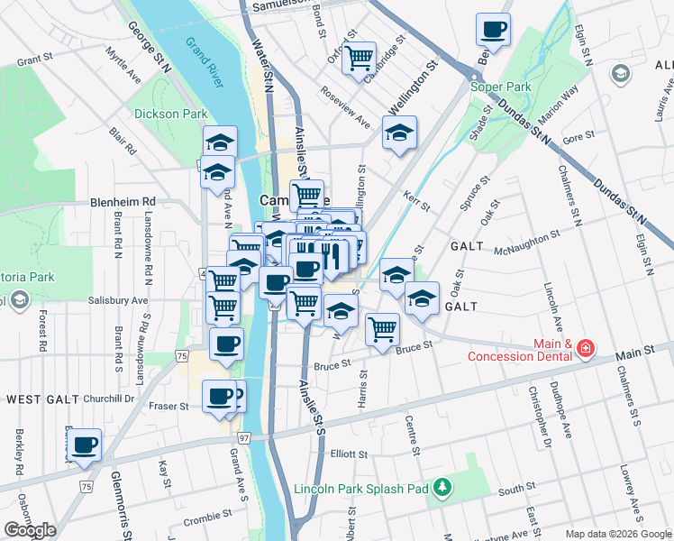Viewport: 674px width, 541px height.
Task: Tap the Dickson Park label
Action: (x=171, y=114)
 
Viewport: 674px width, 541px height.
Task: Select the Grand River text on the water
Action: (x=204, y=62)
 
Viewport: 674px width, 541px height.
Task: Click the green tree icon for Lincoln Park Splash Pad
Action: (x=442, y=489)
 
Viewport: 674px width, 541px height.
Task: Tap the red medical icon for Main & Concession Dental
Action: (x=587, y=347)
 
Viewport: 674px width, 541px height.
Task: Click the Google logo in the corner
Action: (x=30, y=529)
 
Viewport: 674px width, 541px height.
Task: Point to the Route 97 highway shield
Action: (x=243, y=436)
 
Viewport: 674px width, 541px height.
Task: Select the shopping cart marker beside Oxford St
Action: (x=360, y=58)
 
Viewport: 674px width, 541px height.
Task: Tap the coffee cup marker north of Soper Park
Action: (x=493, y=29)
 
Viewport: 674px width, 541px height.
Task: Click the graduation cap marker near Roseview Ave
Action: (x=399, y=133)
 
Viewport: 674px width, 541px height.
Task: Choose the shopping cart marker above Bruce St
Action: (x=383, y=329)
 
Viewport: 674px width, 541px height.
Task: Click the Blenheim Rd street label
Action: (x=123, y=201)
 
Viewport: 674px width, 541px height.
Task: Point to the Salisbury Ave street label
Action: (x=118, y=300)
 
